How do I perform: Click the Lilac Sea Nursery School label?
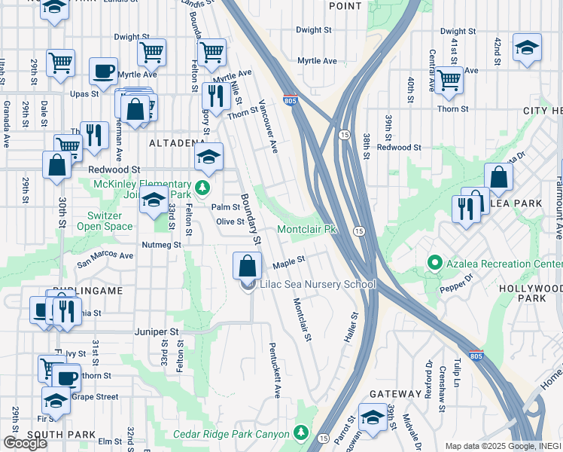click(x=317, y=284)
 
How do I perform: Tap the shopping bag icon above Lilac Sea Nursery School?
click(x=248, y=265)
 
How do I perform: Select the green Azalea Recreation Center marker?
click(x=434, y=263)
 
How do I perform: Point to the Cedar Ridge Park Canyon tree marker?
click(x=301, y=432)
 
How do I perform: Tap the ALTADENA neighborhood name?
click(x=177, y=142)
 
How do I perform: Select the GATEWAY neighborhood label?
click(x=396, y=394)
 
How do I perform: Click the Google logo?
click(x=25, y=442)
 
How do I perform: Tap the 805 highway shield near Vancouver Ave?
click(x=290, y=99)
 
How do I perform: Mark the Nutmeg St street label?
click(x=162, y=245)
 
